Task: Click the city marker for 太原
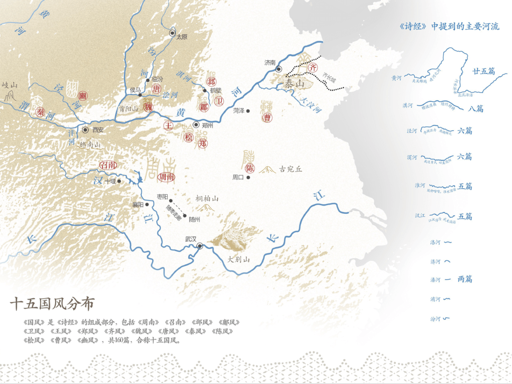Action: [173, 33]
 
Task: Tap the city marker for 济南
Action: [279, 69]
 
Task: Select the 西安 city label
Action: [98, 129]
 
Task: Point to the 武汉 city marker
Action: [200, 246]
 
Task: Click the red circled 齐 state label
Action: [312, 68]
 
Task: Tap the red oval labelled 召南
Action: [108, 165]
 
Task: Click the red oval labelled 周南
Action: [166, 177]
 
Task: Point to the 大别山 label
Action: [238, 259]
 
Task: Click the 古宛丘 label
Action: [291, 169]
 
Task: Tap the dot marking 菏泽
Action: [247, 110]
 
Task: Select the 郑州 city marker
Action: [196, 125]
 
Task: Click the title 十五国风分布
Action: [52, 303]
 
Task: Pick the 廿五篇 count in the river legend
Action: [483, 71]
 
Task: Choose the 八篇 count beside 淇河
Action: [475, 109]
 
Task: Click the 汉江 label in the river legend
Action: [420, 216]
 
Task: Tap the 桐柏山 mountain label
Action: [207, 199]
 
